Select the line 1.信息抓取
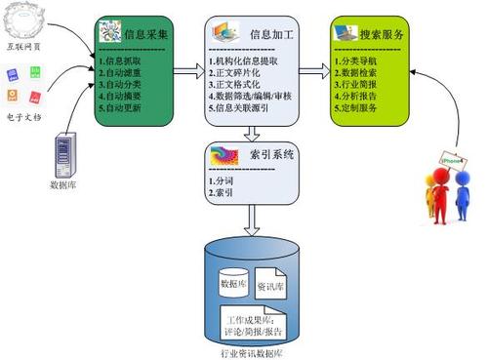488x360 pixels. click(x=124, y=60)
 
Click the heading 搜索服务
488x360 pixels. click(x=382, y=34)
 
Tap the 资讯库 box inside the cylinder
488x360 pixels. click(x=271, y=288)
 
